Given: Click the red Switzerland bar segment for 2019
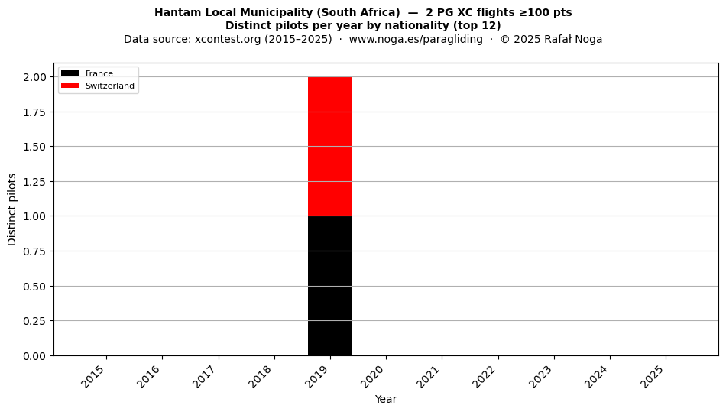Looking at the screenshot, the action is click(330, 146).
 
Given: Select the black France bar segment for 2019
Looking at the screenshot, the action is click(330, 286).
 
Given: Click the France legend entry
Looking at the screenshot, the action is click(87, 73).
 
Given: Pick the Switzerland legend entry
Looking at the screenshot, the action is click(98, 86).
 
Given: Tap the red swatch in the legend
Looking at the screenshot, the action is click(70, 86).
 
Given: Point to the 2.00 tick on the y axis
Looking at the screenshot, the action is click(34, 77).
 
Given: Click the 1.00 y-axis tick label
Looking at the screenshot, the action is click(34, 216).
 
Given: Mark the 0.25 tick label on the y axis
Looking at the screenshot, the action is click(34, 321).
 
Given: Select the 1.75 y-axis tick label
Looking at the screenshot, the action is click(34, 112).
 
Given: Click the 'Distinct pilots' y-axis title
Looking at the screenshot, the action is click(12, 209).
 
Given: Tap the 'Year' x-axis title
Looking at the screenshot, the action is click(386, 399).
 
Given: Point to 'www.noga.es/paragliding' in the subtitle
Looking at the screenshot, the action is click(416, 39).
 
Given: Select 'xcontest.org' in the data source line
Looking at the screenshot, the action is click(224, 39).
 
